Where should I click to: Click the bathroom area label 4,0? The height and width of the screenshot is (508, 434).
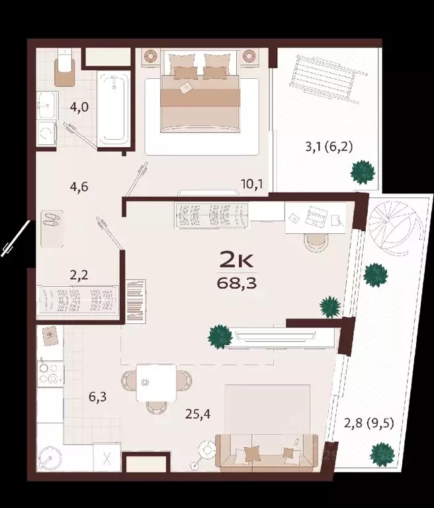click(79, 107)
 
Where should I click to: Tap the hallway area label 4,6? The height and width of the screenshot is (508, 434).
click(79, 187)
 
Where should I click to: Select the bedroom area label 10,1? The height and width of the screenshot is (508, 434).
click(252, 184)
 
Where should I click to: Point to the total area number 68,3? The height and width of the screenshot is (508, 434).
click(237, 283)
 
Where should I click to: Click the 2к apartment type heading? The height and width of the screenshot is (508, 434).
click(236, 260)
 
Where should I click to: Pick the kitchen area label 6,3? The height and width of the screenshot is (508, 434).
click(97, 397)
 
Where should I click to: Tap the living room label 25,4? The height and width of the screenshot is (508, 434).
click(198, 414)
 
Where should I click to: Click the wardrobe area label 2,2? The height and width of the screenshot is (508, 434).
click(79, 276)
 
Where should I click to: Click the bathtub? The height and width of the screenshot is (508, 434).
click(114, 108)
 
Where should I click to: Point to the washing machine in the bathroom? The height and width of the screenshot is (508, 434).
click(46, 132)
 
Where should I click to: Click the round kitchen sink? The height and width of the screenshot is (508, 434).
click(49, 458)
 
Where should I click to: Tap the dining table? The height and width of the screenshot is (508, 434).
click(156, 382)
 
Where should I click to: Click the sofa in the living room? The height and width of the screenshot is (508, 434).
click(267, 454)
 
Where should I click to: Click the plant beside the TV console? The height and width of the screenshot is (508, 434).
click(220, 336)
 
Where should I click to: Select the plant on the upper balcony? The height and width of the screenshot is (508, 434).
click(363, 172)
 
